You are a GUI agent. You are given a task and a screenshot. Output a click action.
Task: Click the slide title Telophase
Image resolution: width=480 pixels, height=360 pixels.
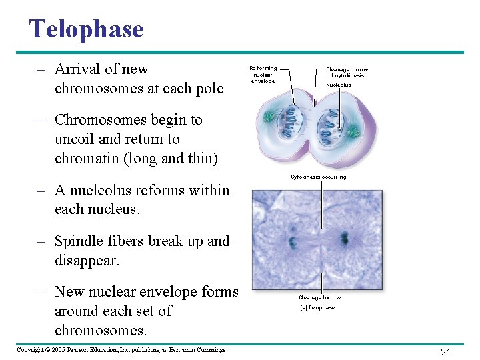pyautogui.click(x=86, y=29)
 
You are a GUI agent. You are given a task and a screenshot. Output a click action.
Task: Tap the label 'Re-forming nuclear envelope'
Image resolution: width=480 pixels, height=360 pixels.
pyautogui.click(x=263, y=74)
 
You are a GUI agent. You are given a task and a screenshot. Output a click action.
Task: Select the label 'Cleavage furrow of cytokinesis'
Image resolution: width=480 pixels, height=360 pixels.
pyautogui.click(x=347, y=73)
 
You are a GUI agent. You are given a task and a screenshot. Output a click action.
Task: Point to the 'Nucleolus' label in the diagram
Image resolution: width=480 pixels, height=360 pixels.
pyautogui.click(x=339, y=85)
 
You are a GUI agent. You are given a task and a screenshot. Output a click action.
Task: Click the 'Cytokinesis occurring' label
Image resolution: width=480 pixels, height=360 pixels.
pyautogui.click(x=318, y=177)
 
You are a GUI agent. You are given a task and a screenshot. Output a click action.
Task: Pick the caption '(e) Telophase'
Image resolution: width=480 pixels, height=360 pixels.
pyautogui.click(x=317, y=307)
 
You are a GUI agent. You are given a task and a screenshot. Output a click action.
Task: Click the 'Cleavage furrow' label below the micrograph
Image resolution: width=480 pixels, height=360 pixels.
pyautogui.click(x=319, y=297)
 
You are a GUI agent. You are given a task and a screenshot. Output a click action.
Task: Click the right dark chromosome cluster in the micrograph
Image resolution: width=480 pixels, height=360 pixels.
pyautogui.click(x=344, y=238)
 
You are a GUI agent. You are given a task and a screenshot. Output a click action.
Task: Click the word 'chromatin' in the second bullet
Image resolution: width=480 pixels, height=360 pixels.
pyautogui.click(x=87, y=158)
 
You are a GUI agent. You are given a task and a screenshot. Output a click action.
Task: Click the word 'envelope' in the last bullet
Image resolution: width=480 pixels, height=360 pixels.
pyautogui.click(x=171, y=292)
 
